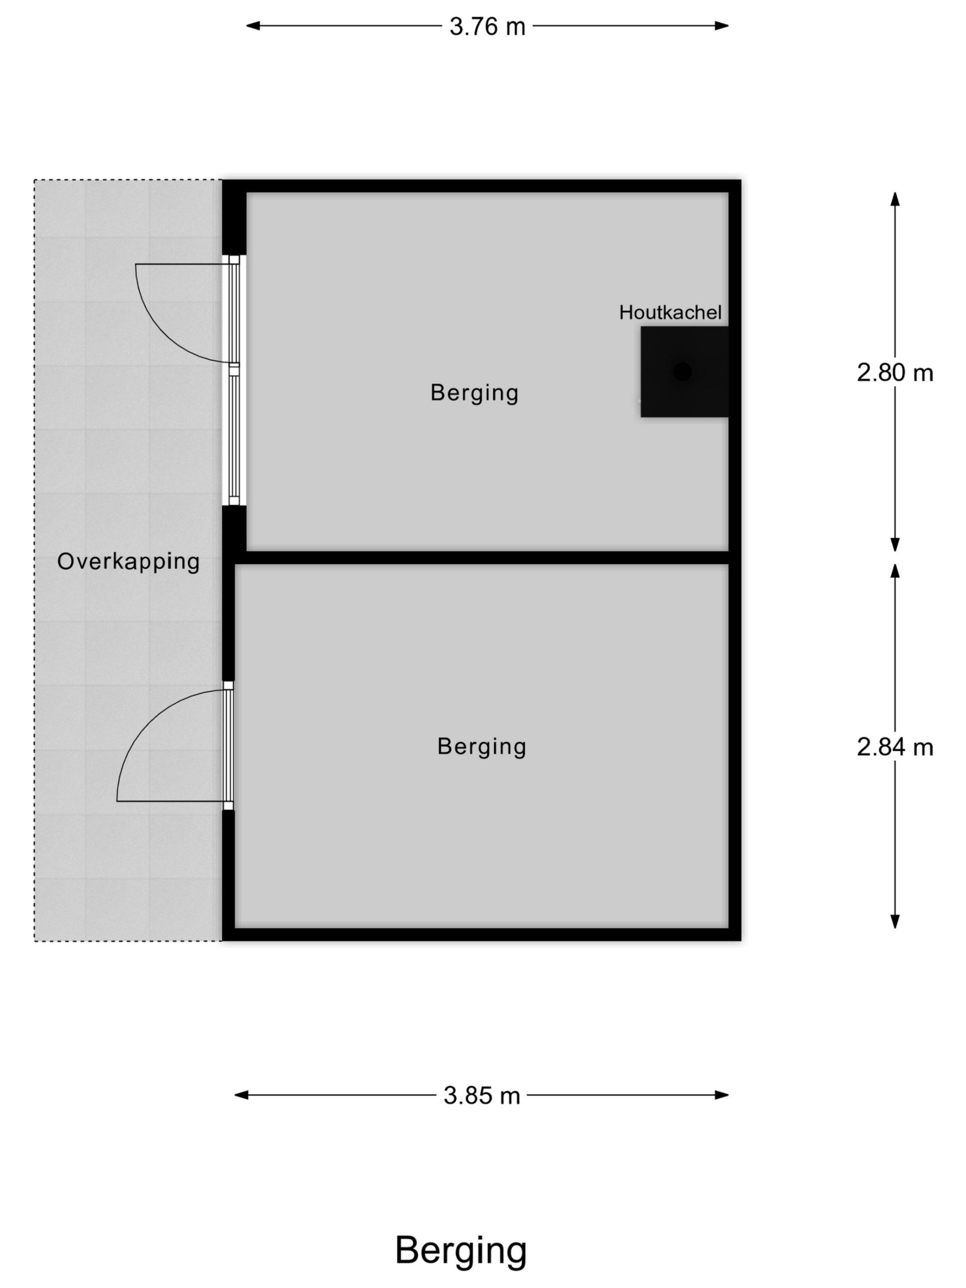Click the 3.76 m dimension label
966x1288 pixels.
click(487, 27)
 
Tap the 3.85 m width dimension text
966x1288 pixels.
click(481, 1096)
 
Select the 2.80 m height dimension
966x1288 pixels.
click(895, 373)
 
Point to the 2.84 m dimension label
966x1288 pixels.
click(895, 747)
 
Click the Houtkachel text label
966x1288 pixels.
click(670, 312)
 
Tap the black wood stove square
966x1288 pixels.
click(684, 371)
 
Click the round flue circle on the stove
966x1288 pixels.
click(682, 371)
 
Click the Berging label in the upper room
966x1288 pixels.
click(474, 393)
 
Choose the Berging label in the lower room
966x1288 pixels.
click(481, 747)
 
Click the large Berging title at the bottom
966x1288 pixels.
click(460, 1251)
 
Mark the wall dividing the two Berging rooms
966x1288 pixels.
click(481, 557)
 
